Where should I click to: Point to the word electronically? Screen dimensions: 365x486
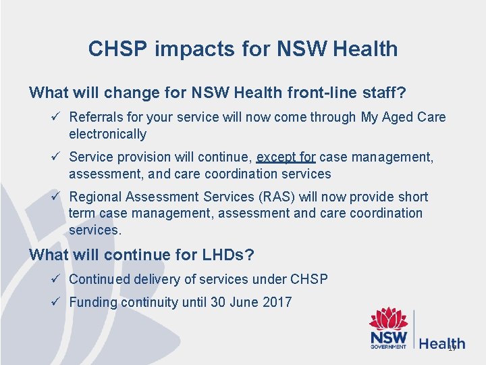pos(107,134)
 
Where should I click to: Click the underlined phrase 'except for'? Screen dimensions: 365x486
pos(286,157)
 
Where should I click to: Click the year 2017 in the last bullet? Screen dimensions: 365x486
pos(276,302)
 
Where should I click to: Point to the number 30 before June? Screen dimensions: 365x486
pos(218,302)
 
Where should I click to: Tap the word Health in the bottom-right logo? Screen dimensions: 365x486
pos(442,343)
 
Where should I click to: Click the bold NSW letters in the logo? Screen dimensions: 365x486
pos(388,337)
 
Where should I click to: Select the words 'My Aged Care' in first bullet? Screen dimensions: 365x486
pos(403,117)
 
